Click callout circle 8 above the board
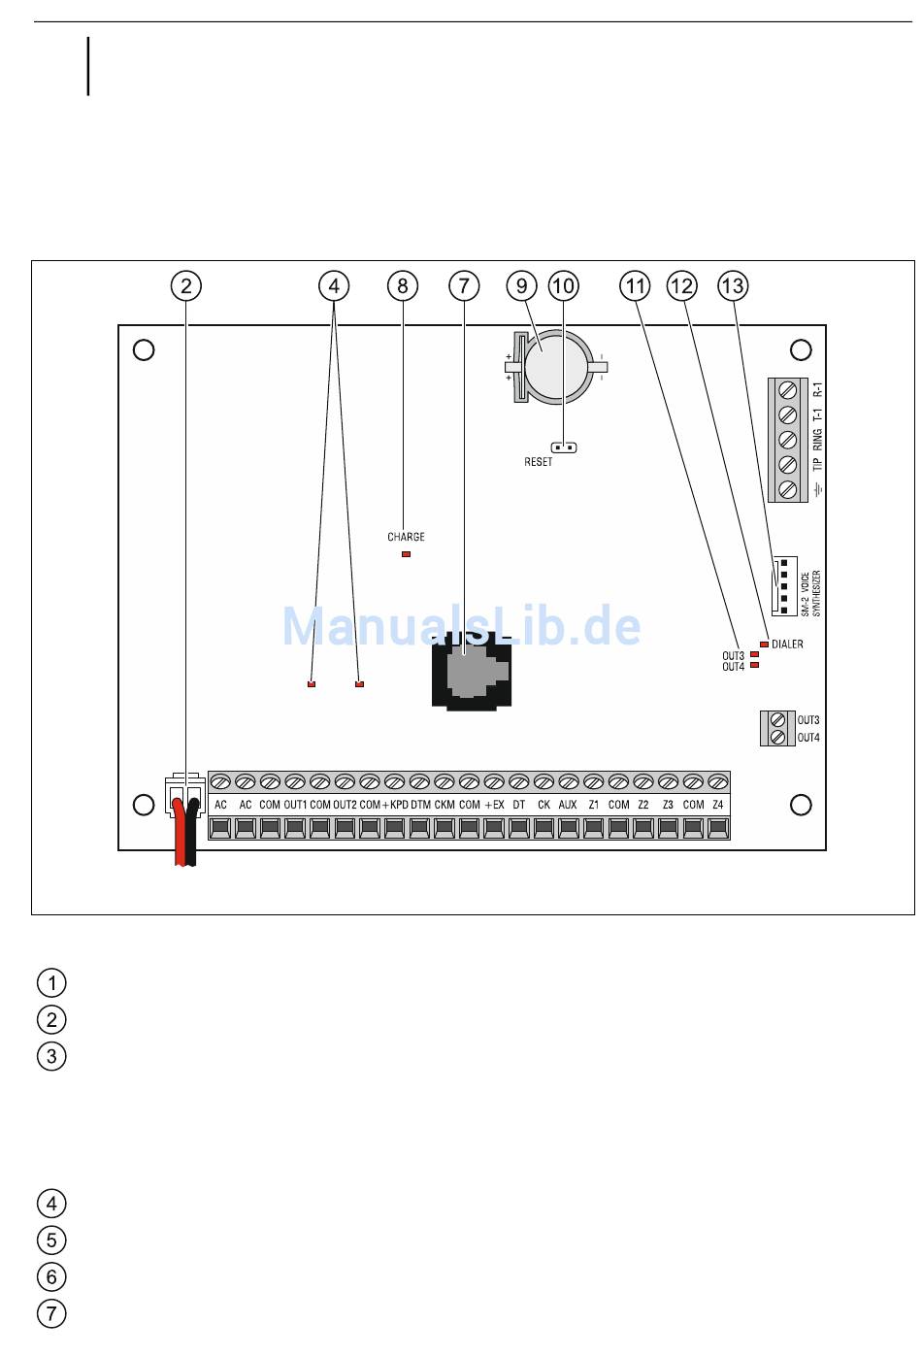click(x=403, y=285)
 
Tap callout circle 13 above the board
click(x=733, y=285)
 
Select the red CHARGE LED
click(x=407, y=554)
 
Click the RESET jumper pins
click(x=564, y=448)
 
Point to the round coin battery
click(x=557, y=367)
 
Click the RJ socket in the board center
click(x=472, y=671)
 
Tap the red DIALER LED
click(x=764, y=645)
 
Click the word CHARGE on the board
click(x=407, y=537)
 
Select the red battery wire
click(x=180, y=833)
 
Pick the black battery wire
click(x=192, y=833)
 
